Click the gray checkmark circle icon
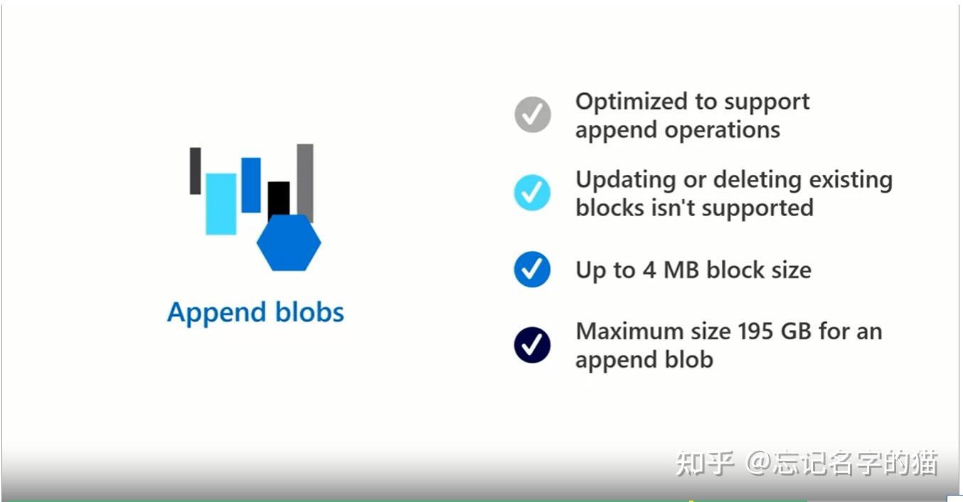click(533, 114)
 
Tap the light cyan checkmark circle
click(533, 192)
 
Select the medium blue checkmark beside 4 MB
click(533, 269)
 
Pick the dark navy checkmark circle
click(533, 345)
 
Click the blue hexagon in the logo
click(289, 243)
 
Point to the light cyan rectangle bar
click(220, 203)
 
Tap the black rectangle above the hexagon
click(279, 198)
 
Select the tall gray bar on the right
click(305, 181)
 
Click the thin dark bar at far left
click(195, 171)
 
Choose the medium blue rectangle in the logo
click(251, 185)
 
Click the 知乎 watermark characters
click(704, 463)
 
